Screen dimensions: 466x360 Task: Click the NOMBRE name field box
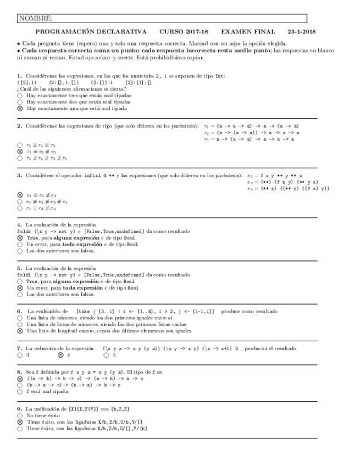[x=162, y=19]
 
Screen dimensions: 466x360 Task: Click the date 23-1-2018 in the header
[x=301, y=32]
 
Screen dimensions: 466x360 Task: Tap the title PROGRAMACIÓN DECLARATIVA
[x=91, y=32]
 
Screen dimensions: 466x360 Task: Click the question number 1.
[x=19, y=76]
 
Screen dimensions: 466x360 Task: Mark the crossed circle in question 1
[x=20, y=109]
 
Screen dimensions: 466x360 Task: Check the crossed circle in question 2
[x=20, y=152]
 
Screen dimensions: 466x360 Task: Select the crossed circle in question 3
[x=20, y=195]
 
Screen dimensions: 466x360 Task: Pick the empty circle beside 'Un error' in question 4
[x=20, y=245]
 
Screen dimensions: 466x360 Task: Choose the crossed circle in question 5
[x=20, y=287]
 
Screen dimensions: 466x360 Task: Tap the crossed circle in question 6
[x=20, y=331]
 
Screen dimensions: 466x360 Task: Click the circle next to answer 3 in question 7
[x=20, y=356]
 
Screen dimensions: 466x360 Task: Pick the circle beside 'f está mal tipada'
[x=20, y=392]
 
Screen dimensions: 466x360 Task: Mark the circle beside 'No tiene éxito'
[x=20, y=416]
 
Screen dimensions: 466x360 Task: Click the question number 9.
[x=19, y=409]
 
